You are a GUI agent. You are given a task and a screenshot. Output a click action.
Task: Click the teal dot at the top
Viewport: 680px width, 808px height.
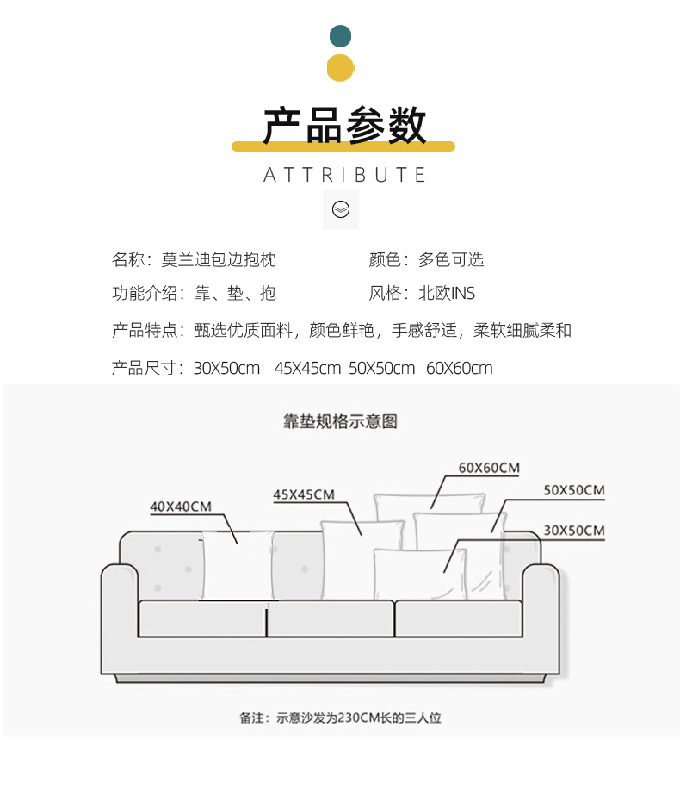(x=341, y=35)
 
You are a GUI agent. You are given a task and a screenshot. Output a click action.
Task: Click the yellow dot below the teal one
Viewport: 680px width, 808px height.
(x=341, y=67)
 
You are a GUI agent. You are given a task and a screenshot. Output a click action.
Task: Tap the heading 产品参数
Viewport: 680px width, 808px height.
(x=343, y=126)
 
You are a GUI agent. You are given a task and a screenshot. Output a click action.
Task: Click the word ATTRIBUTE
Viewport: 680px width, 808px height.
(x=344, y=175)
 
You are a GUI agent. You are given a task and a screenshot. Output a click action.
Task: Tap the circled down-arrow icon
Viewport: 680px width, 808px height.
(x=341, y=210)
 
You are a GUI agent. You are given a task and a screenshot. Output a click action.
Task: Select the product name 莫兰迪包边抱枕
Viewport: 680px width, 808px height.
(x=219, y=259)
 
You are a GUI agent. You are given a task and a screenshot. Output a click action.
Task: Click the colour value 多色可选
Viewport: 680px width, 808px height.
(x=451, y=259)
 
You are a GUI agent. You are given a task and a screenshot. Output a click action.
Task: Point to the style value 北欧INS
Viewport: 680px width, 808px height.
(x=447, y=294)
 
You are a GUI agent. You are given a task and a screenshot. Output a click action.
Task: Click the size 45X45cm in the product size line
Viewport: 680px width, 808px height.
(x=307, y=369)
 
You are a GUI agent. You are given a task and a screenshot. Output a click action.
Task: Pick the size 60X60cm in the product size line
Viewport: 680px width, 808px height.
(x=460, y=369)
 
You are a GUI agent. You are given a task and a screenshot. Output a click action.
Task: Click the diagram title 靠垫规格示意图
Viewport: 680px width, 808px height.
(x=341, y=421)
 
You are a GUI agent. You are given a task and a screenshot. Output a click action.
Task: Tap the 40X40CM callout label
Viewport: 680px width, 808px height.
(x=181, y=507)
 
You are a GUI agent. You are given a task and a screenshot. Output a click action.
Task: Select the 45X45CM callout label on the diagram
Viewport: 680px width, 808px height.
(x=304, y=494)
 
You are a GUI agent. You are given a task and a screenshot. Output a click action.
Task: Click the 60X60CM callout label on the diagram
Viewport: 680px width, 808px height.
(x=489, y=468)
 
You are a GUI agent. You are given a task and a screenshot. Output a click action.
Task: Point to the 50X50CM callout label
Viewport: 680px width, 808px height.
(x=574, y=490)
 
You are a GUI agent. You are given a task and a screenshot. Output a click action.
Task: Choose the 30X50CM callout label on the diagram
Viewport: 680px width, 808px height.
(x=574, y=530)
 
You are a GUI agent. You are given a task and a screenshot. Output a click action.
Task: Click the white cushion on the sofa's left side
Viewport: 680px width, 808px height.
(x=236, y=566)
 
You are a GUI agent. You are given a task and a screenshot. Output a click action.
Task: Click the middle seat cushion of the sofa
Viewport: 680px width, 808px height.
(x=330, y=618)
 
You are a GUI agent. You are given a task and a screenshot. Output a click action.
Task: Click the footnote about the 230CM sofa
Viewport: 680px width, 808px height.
(x=341, y=717)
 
